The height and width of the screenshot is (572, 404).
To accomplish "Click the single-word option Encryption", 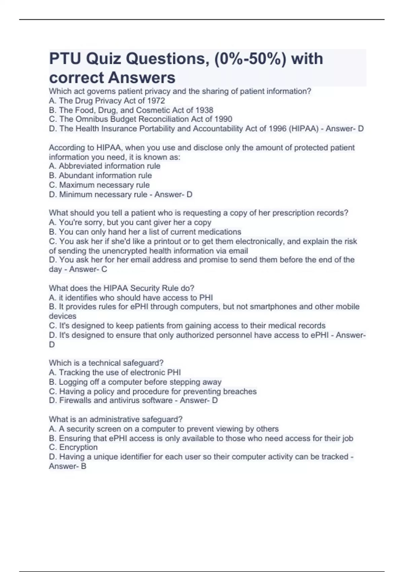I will click(78, 447).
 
